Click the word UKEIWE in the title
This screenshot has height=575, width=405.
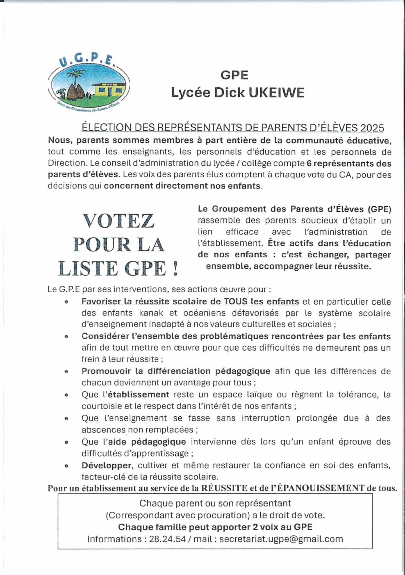pyautogui.click(x=276, y=93)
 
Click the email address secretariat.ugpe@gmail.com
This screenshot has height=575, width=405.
pyautogui.click(x=281, y=539)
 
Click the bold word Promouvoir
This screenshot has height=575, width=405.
pyautogui.click(x=106, y=371)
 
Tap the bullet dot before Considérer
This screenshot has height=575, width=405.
pyautogui.click(x=66, y=337)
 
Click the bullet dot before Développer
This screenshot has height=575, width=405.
pyautogui.click(x=66, y=466)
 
